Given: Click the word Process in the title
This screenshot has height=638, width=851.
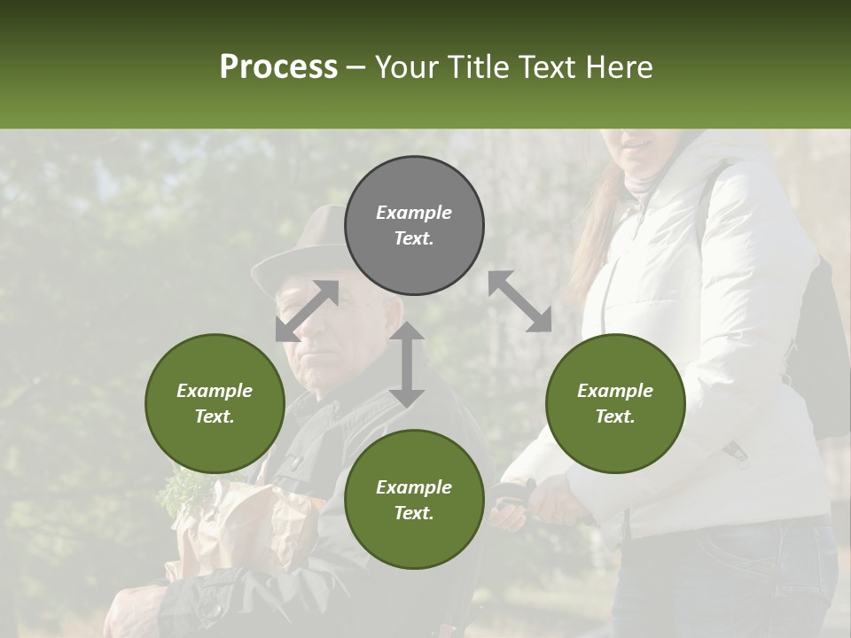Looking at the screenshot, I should [278, 67].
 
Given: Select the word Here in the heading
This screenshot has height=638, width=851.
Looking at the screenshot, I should [617, 67].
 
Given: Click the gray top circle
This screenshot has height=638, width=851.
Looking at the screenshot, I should [414, 225].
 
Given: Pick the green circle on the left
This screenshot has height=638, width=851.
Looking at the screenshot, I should [215, 403].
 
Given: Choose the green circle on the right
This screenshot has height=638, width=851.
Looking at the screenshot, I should [614, 403].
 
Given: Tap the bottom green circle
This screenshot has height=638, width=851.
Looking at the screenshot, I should [414, 500].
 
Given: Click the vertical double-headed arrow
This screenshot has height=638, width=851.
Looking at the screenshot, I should [407, 364].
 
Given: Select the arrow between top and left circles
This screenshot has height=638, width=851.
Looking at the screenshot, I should [307, 311].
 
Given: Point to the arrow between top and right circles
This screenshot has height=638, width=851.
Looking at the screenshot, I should [519, 301].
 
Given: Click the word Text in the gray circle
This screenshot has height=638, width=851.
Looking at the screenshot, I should [413, 238].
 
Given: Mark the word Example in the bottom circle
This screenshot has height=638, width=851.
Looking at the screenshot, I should [413, 486].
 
